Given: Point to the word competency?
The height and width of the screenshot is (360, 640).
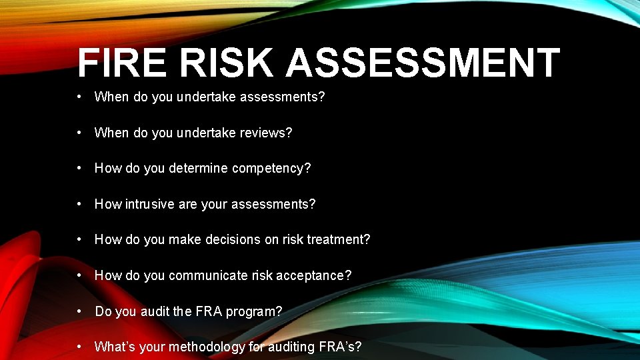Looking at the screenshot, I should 271,168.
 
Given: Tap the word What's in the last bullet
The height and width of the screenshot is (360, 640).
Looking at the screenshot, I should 112,347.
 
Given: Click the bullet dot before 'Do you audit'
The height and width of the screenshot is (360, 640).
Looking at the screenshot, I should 79,311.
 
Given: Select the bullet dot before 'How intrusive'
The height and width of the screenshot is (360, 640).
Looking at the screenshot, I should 79,203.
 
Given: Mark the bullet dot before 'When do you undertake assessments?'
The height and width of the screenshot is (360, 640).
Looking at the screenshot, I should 79,96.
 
